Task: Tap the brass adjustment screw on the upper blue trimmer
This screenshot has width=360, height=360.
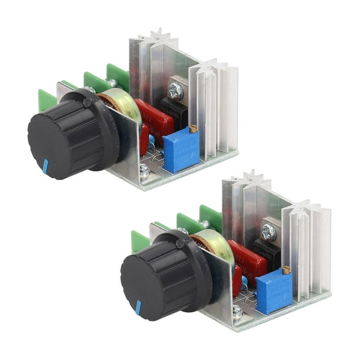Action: pos(192,128)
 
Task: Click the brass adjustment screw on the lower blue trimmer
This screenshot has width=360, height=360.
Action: pos(285,269)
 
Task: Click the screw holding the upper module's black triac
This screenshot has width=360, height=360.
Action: pos(175,91)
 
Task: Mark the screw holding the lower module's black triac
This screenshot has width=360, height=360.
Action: pos(268,232)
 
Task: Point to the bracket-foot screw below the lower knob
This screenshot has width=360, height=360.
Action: pos(237,311)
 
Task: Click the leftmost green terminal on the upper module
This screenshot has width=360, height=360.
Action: pos(46,99)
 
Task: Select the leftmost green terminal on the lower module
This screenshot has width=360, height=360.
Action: pos(139,241)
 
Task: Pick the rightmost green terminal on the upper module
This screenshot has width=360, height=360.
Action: pos(118,76)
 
